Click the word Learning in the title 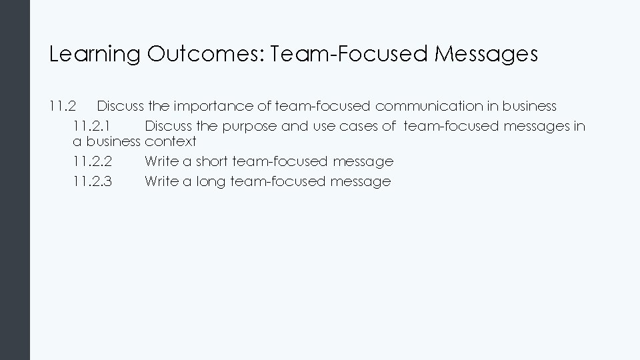coord(95,55)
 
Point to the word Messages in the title coord(486,55)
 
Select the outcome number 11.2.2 coord(93,161)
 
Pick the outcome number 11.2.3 coord(93,181)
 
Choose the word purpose coord(252,126)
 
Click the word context coord(171,141)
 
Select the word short coord(212,161)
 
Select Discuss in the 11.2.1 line coord(168,125)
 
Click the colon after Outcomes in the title coord(262,55)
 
